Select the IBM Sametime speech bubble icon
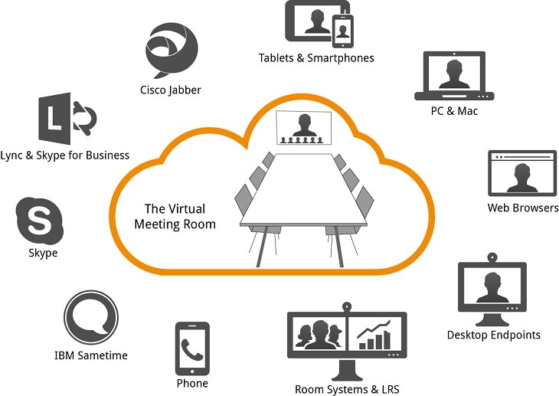91,319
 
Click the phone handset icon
192,349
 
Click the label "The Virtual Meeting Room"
175,216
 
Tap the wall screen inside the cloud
304,127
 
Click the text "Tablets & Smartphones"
316,58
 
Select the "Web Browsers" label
523,208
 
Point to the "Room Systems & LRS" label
347,388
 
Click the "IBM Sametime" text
91,355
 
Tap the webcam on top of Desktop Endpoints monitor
491,257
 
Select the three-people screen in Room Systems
319,335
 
